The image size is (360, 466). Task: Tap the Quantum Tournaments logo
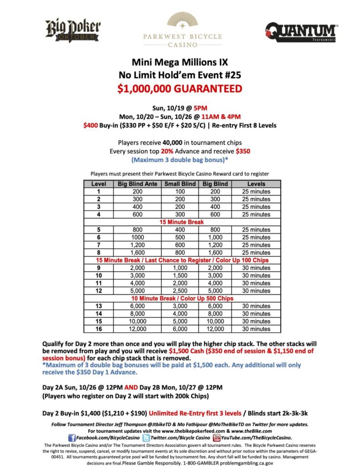click(301, 32)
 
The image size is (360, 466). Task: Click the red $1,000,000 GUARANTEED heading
click(179, 89)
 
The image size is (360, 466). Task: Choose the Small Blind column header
click(180, 184)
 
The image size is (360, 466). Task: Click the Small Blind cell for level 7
click(180, 245)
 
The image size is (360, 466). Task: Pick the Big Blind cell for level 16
click(216, 329)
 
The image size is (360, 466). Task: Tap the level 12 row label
click(98, 291)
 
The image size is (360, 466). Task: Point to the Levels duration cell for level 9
click(256, 268)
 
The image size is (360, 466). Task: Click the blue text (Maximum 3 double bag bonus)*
click(180, 160)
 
